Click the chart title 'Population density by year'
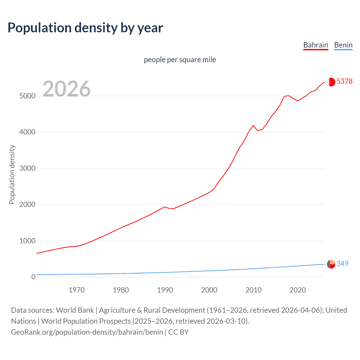85,28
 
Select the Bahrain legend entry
316,45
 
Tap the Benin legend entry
343,45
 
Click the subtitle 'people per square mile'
180,60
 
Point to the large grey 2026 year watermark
67,89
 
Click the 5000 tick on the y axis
27,96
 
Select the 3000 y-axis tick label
27,168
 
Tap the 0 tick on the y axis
33,277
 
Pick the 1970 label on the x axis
76,290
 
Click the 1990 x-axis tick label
165,290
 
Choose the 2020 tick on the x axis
298,290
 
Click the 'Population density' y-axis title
12,174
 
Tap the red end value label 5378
344,81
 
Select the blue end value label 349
342,264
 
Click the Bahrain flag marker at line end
331,82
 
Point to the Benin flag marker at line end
331,264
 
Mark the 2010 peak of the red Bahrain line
253,125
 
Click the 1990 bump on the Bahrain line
165,207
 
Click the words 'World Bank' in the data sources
75,310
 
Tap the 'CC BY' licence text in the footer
178,332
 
